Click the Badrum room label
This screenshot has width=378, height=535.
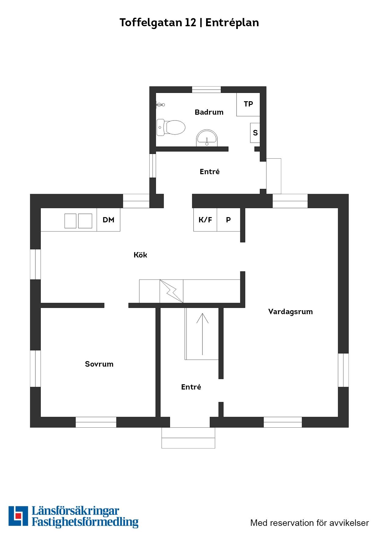[209, 112]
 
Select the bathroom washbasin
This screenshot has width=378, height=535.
[207, 138]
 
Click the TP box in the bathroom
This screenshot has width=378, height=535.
[248, 104]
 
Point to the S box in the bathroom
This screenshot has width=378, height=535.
[255, 133]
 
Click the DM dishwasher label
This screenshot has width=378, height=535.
[108, 220]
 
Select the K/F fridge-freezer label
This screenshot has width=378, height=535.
[205, 220]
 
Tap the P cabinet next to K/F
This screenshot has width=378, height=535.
[229, 220]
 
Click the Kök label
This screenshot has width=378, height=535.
[140, 255]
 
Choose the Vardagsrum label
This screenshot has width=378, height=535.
[291, 312]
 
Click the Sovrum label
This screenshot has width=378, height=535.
[99, 364]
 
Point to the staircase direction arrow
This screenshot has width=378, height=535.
[202, 334]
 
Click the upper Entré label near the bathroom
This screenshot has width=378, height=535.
[209, 172]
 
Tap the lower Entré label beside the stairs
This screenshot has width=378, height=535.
[191, 387]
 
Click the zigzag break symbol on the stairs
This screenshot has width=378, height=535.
[171, 291]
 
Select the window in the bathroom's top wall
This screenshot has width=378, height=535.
[206, 90]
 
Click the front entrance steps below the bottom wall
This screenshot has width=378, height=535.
[188, 438]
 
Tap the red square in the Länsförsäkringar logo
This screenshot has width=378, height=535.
[19, 515]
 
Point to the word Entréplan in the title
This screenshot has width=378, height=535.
[232, 23]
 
